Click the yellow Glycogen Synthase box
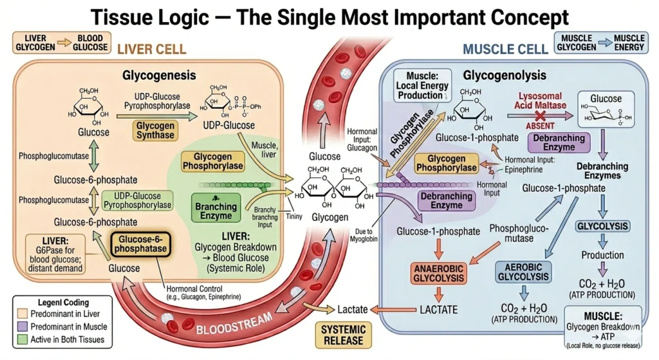pyautogui.click(x=155, y=130)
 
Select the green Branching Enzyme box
pyautogui.click(x=216, y=208)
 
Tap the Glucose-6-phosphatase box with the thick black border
pyautogui.click(x=140, y=244)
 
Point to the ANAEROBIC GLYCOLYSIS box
pyautogui.click(x=438, y=273)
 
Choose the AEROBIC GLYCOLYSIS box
pyautogui.click(x=523, y=272)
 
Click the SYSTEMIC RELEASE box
pyautogui.click(x=344, y=335)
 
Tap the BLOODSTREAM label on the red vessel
pyautogui.click(x=234, y=324)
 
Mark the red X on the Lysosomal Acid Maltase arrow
pyautogui.click(x=541, y=116)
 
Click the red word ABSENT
pyautogui.click(x=540, y=126)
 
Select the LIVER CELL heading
pyautogui.click(x=151, y=49)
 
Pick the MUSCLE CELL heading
pyautogui.click(x=505, y=49)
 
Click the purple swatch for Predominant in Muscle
pyautogui.click(x=23, y=327)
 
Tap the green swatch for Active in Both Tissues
pyautogui.click(x=23, y=339)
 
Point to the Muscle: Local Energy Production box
pyautogui.click(x=423, y=86)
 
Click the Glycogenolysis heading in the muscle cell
pyautogui.click(x=505, y=75)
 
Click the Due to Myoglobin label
pyautogui.click(x=364, y=235)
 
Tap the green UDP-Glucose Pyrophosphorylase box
pyautogui.click(x=138, y=200)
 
